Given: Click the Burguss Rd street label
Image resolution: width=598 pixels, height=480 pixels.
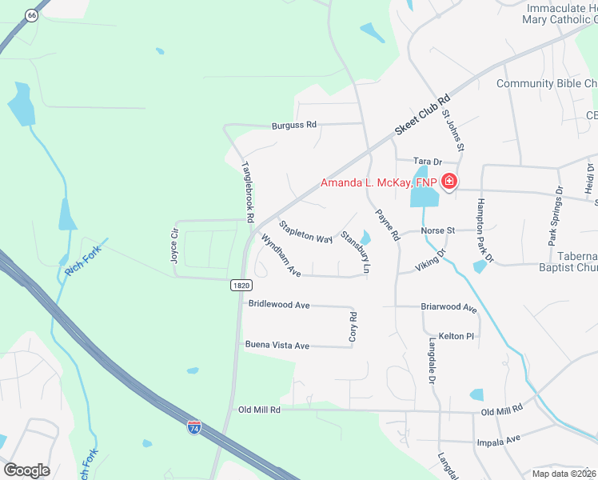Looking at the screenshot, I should (x=294, y=125).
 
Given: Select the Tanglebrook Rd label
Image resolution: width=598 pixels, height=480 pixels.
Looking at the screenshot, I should (x=248, y=192).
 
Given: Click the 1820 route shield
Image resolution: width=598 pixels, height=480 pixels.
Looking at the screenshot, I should (x=241, y=286).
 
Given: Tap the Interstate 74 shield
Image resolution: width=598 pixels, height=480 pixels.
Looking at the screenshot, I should (x=193, y=428).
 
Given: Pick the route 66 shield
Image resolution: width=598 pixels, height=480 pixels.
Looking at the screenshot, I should (x=31, y=16).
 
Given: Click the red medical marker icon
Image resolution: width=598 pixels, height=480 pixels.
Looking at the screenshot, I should (x=449, y=182).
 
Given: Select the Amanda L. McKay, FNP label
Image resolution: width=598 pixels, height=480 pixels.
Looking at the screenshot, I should (x=379, y=183).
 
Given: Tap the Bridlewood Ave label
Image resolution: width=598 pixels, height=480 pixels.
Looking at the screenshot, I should (x=278, y=305).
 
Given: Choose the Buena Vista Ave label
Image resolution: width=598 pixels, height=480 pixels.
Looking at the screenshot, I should (x=277, y=346).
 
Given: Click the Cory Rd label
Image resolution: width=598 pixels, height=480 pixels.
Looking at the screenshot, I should (x=353, y=327).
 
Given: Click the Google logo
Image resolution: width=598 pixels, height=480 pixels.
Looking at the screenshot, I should (x=26, y=470).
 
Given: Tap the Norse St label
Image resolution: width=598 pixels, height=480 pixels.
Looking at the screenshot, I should (x=438, y=230).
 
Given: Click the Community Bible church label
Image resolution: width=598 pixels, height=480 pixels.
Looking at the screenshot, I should (x=547, y=84).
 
